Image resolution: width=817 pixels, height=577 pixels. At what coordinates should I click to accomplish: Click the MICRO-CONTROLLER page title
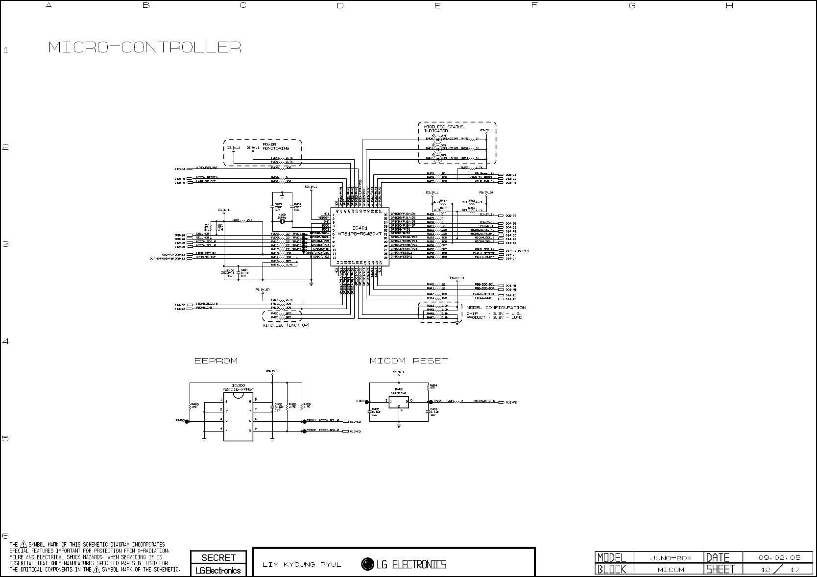[144, 48]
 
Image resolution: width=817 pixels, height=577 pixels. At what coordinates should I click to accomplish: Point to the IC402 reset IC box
[399, 402]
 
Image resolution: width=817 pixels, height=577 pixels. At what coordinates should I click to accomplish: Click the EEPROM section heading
[216, 361]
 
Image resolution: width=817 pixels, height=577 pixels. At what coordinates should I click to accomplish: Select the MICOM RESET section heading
[408, 361]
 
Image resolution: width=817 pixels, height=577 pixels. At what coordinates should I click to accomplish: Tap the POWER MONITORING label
[275, 146]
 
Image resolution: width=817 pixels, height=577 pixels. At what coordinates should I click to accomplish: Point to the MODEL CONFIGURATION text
[496, 308]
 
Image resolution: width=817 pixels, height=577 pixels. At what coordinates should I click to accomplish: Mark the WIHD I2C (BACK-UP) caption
[286, 325]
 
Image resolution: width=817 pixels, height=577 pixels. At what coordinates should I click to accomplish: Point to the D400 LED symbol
[437, 139]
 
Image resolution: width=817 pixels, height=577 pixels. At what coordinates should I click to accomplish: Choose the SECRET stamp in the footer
[218, 557]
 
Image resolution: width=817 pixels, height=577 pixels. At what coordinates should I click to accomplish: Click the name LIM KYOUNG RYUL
[302, 565]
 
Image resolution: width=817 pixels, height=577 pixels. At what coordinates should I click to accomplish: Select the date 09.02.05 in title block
[779, 557]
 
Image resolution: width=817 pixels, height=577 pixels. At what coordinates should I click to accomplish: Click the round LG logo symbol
[367, 564]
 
